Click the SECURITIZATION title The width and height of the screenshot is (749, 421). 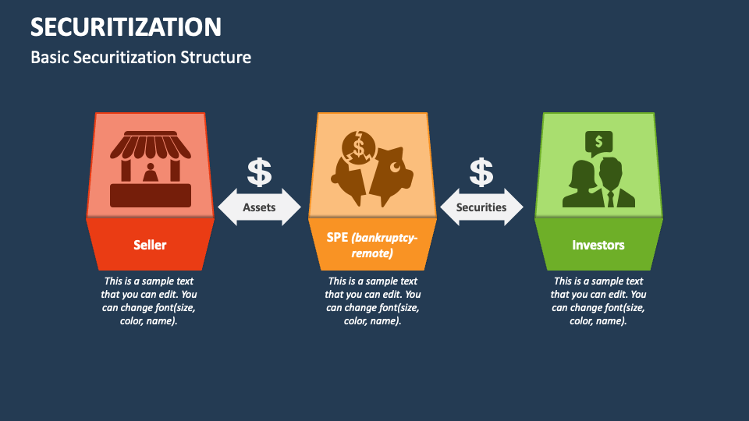pyautogui.click(x=126, y=27)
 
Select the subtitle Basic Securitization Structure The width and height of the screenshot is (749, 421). pyautogui.click(x=141, y=57)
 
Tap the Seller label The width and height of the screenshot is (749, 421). pyautogui.click(x=150, y=245)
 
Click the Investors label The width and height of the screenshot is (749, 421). pyautogui.click(x=598, y=245)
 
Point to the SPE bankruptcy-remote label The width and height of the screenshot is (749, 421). pyautogui.click(x=372, y=245)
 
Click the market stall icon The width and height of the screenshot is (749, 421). pyautogui.click(x=151, y=169)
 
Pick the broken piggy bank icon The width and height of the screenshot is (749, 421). pyautogui.click(x=372, y=168)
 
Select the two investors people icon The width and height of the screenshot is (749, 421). pyautogui.click(x=598, y=182)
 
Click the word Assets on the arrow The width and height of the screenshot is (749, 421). pyautogui.click(x=259, y=207)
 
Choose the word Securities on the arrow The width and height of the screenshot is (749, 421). pyautogui.click(x=481, y=207)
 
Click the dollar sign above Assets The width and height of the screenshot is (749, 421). pyautogui.click(x=259, y=172)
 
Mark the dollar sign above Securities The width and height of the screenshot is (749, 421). pyautogui.click(x=481, y=172)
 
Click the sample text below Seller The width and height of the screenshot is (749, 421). pyautogui.click(x=148, y=301)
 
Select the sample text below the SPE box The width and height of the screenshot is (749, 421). pyautogui.click(x=373, y=301)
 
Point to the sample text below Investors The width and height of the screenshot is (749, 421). pyautogui.click(x=598, y=301)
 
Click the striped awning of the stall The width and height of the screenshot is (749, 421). pyautogui.click(x=151, y=145)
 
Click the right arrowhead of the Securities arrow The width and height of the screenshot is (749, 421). pyautogui.click(x=514, y=207)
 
